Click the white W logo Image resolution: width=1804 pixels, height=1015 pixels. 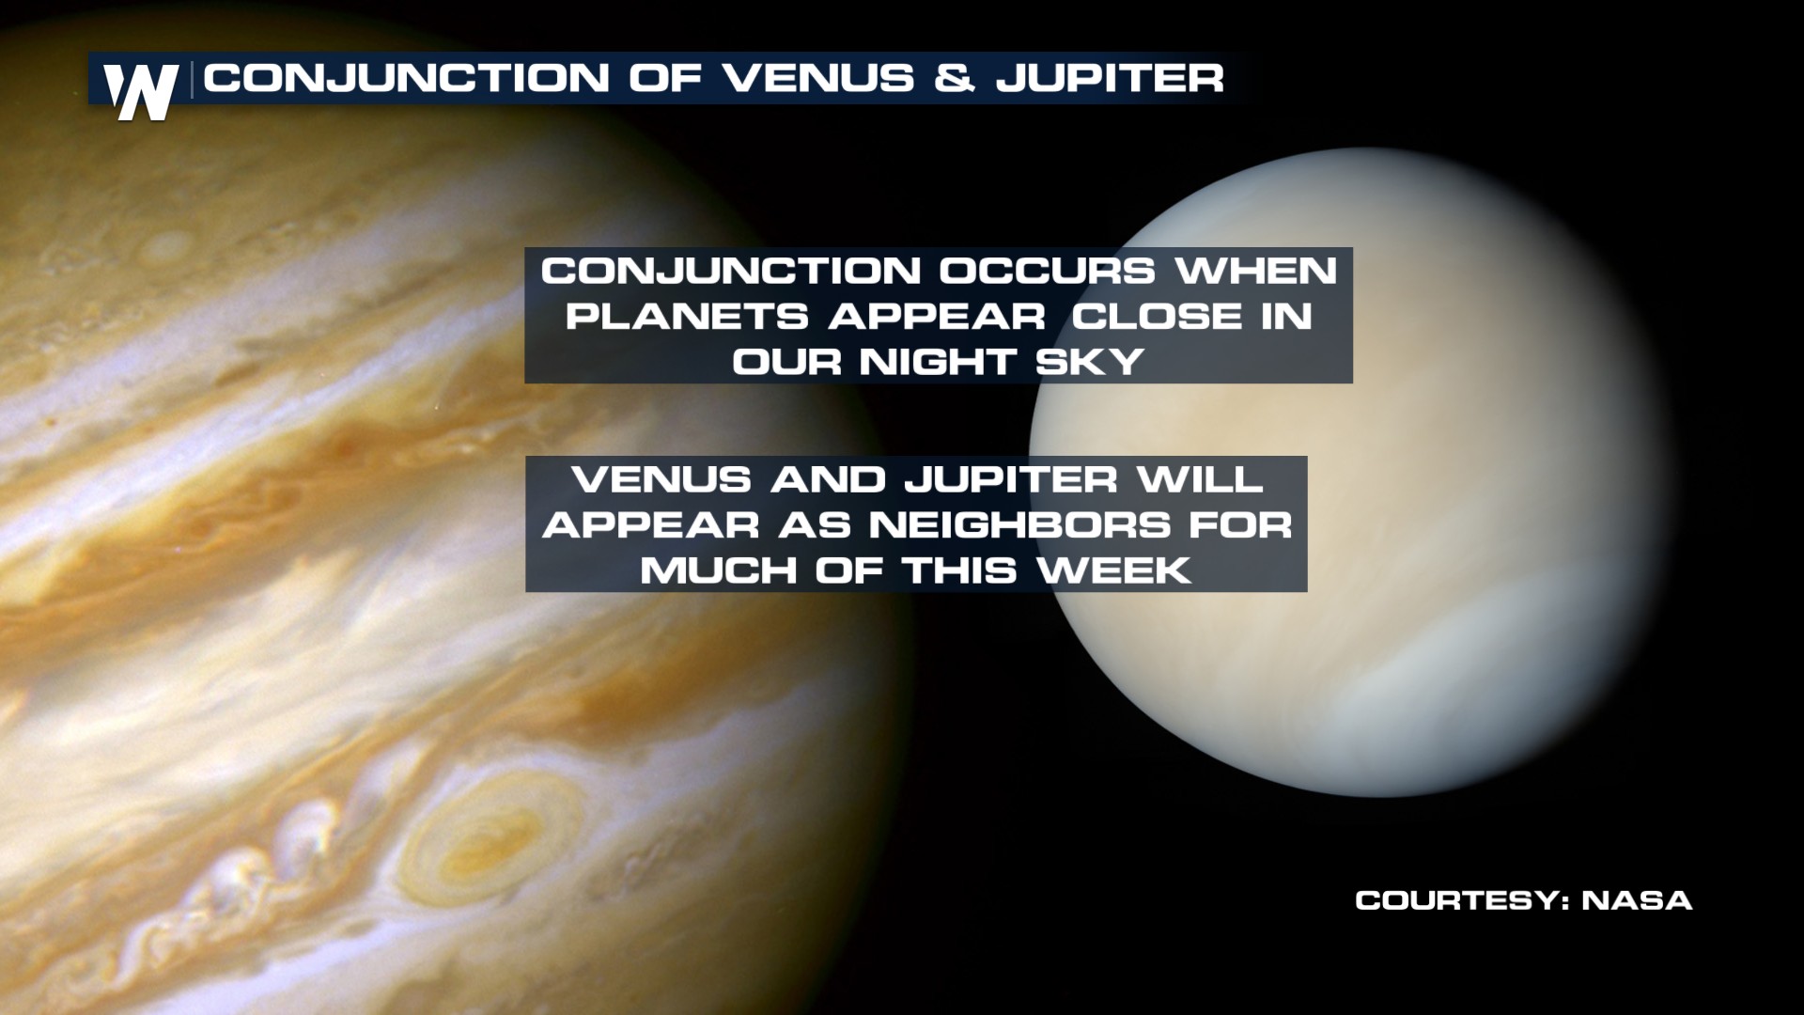[x=141, y=92]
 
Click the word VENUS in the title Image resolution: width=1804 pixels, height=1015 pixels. [x=818, y=78]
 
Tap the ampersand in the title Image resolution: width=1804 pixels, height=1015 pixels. [x=956, y=78]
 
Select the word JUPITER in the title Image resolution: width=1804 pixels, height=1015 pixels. [x=1111, y=78]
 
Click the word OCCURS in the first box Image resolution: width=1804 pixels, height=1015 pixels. [x=1047, y=272]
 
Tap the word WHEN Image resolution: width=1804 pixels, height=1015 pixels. [x=1256, y=272]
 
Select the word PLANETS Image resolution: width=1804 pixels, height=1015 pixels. [x=687, y=317]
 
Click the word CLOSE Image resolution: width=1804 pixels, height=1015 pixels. [x=1158, y=317]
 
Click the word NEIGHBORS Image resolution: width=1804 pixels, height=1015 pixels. [x=1019, y=525]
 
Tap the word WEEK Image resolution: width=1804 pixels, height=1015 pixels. [x=1115, y=570]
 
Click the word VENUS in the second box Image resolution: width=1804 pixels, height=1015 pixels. [x=661, y=480]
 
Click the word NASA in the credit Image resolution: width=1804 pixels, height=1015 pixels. [x=1638, y=900]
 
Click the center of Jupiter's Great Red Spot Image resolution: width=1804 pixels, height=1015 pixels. [x=486, y=841]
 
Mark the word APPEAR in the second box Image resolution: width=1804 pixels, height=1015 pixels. [x=650, y=525]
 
